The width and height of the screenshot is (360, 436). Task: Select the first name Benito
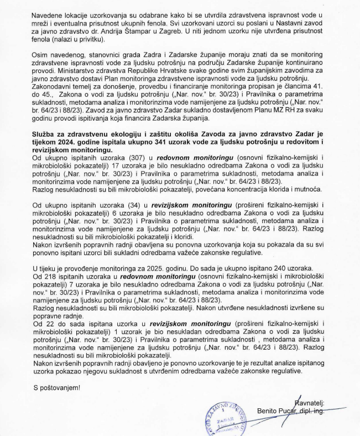point(270,411)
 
